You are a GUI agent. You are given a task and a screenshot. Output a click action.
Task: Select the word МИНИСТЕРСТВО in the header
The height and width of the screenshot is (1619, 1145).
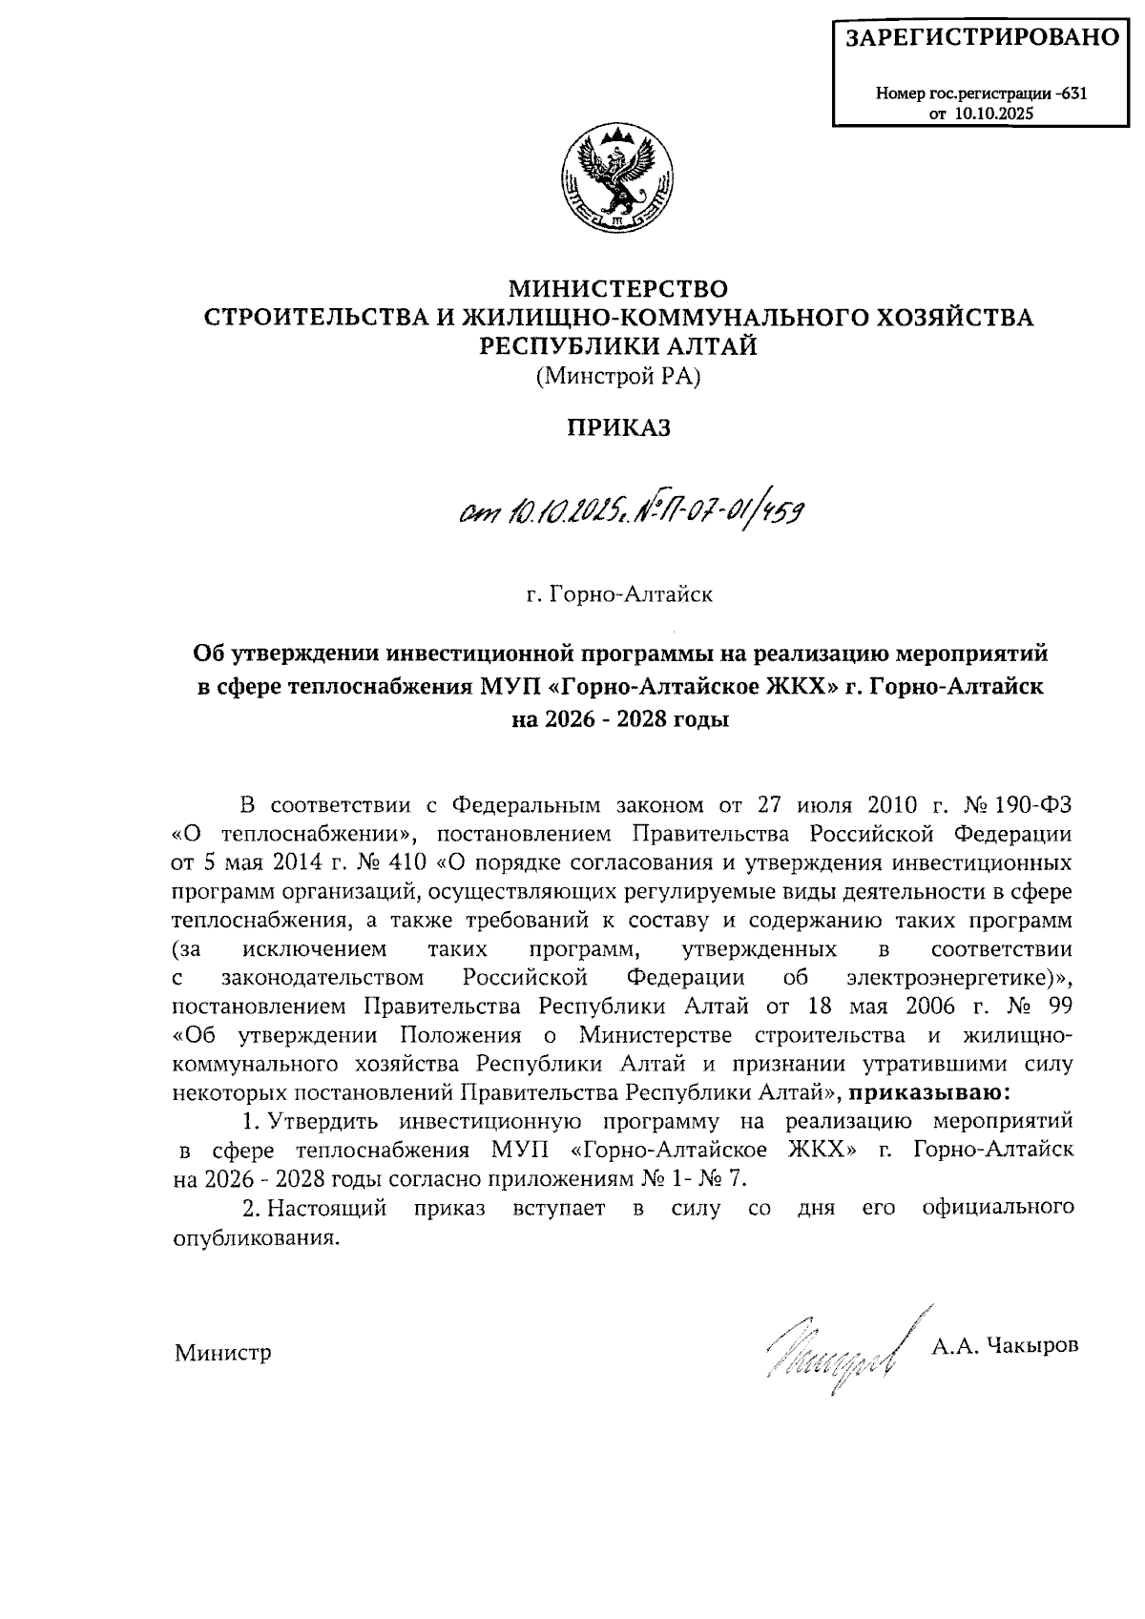pos(618,287)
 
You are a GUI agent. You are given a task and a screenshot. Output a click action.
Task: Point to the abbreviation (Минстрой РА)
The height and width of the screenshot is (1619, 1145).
pos(618,377)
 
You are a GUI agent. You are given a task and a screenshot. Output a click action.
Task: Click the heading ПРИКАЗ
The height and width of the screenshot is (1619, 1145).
pos(619,427)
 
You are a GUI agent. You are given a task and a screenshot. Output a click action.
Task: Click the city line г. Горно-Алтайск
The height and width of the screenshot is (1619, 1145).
pos(619,595)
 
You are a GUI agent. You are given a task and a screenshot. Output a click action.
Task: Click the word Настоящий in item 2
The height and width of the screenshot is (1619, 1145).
pos(327,1208)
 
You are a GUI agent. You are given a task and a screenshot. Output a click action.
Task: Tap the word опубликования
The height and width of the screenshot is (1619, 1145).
pos(256,1237)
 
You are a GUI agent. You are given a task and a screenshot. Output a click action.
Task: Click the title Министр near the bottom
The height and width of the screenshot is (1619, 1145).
pos(222,1353)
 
